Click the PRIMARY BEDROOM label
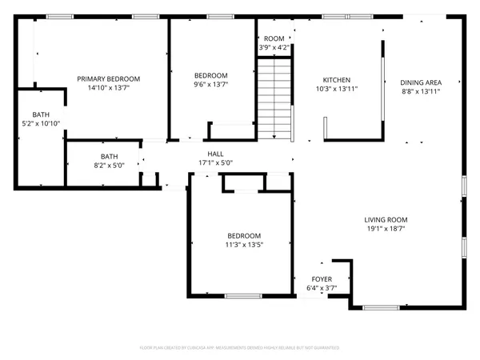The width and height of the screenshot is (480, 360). pos(108,78)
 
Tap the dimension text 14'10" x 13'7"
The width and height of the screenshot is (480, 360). pos(108,89)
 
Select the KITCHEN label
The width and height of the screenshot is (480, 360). pos(336,80)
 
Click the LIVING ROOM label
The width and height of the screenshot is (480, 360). pos(386,220)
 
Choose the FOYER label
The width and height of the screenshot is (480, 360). pos(321,280)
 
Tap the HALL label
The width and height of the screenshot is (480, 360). pos(215,154)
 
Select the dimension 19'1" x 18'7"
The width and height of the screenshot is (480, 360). pos(386,230)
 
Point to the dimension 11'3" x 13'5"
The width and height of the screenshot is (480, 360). pos(244,245)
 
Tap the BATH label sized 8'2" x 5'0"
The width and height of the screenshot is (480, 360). pos(109,156)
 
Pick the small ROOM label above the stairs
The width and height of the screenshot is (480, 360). pos(274,38)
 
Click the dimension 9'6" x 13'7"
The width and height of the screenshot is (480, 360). pos(210,84)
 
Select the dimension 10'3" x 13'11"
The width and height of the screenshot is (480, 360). pos(336,90)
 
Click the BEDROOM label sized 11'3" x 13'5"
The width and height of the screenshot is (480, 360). pos(244,235)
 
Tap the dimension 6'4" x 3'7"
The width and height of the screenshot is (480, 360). pos(321,289)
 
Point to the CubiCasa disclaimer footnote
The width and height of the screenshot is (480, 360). pos(239,348)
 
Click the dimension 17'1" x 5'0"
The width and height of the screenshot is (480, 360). pos(215,163)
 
